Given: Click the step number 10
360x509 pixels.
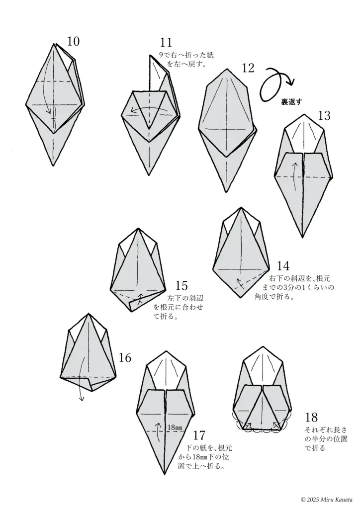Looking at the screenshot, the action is pos(74,42).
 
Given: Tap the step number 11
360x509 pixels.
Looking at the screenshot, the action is pos(166,43).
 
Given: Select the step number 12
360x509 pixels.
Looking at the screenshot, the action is pos(248,68).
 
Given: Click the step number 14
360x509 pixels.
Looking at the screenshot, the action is pos(283,266).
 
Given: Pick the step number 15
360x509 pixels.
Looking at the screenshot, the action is pos(181,286).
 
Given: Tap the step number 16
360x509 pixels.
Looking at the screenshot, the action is pos(125,358).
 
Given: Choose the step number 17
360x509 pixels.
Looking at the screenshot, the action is pos(199,434).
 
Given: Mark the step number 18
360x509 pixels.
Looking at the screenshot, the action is pos(311,417).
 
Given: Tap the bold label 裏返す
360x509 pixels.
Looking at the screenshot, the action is pos(291,102).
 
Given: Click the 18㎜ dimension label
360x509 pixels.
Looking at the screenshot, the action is pos(175,427).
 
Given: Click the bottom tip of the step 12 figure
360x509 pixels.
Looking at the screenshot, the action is pos(227,191).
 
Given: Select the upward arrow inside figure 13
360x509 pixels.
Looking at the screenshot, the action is pos(294,177).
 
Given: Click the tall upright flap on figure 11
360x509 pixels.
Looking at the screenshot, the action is pos(158,74).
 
